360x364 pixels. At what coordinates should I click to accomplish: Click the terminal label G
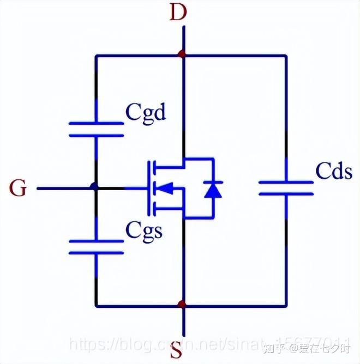(x=18, y=189)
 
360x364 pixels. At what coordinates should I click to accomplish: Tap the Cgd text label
(x=146, y=113)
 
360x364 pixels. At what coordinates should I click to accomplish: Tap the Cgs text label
(x=144, y=230)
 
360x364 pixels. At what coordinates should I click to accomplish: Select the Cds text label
(x=333, y=172)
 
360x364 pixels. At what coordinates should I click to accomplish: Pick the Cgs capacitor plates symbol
(x=96, y=246)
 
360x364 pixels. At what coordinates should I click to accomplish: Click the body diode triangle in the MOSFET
(x=213, y=189)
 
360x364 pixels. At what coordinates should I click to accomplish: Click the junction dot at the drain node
(x=183, y=55)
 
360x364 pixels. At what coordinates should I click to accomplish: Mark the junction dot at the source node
(x=183, y=305)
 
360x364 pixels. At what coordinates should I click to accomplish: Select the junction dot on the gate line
(x=95, y=188)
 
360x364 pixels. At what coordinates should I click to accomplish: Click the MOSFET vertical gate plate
(x=147, y=189)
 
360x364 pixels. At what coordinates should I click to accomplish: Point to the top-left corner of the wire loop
(x=96, y=55)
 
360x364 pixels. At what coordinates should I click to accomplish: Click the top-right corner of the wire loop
(x=286, y=55)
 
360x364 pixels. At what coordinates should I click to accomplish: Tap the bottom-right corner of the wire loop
(x=286, y=305)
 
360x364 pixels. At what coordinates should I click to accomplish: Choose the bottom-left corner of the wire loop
(x=96, y=305)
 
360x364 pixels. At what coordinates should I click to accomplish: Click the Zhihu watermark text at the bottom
(x=306, y=345)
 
